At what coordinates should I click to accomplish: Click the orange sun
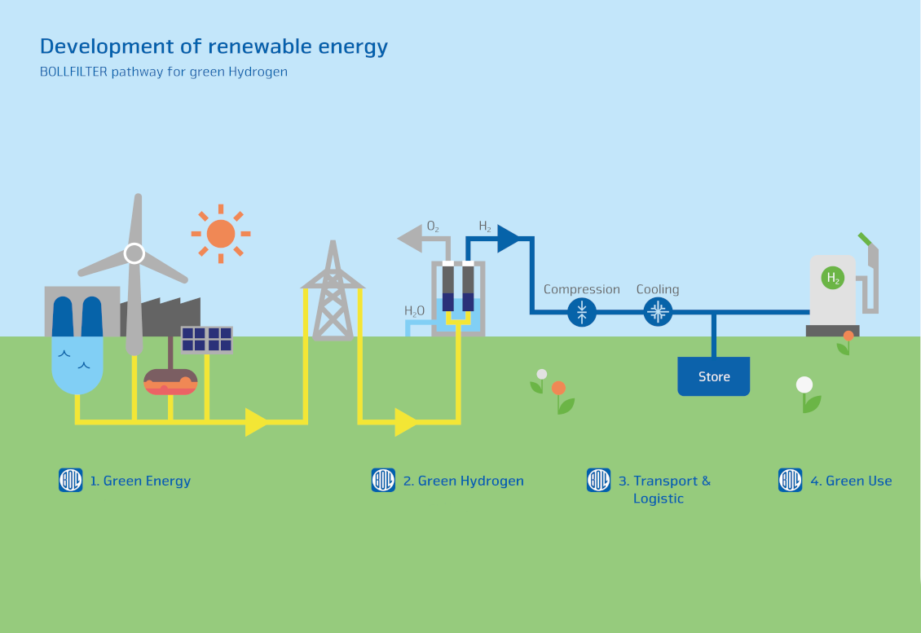click(x=220, y=234)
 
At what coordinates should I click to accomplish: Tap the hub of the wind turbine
click(x=134, y=253)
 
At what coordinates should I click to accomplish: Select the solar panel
click(x=206, y=339)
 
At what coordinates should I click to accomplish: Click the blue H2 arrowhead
click(x=508, y=238)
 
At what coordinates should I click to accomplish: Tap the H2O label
click(x=414, y=310)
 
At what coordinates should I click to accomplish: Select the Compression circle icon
click(x=582, y=311)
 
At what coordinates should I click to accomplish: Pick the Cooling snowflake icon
click(x=657, y=311)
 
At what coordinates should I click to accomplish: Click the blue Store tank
click(x=713, y=376)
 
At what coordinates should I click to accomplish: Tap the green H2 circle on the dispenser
click(x=832, y=279)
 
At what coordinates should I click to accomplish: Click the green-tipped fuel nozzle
click(x=864, y=240)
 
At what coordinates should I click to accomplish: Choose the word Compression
click(x=581, y=289)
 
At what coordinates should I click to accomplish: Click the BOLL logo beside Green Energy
click(x=71, y=480)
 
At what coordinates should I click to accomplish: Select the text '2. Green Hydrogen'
click(x=463, y=481)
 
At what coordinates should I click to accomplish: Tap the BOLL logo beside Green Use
click(x=791, y=480)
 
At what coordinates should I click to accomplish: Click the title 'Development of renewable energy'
click(x=214, y=46)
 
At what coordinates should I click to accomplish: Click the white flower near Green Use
click(x=804, y=385)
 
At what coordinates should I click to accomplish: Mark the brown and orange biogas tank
click(x=170, y=381)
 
